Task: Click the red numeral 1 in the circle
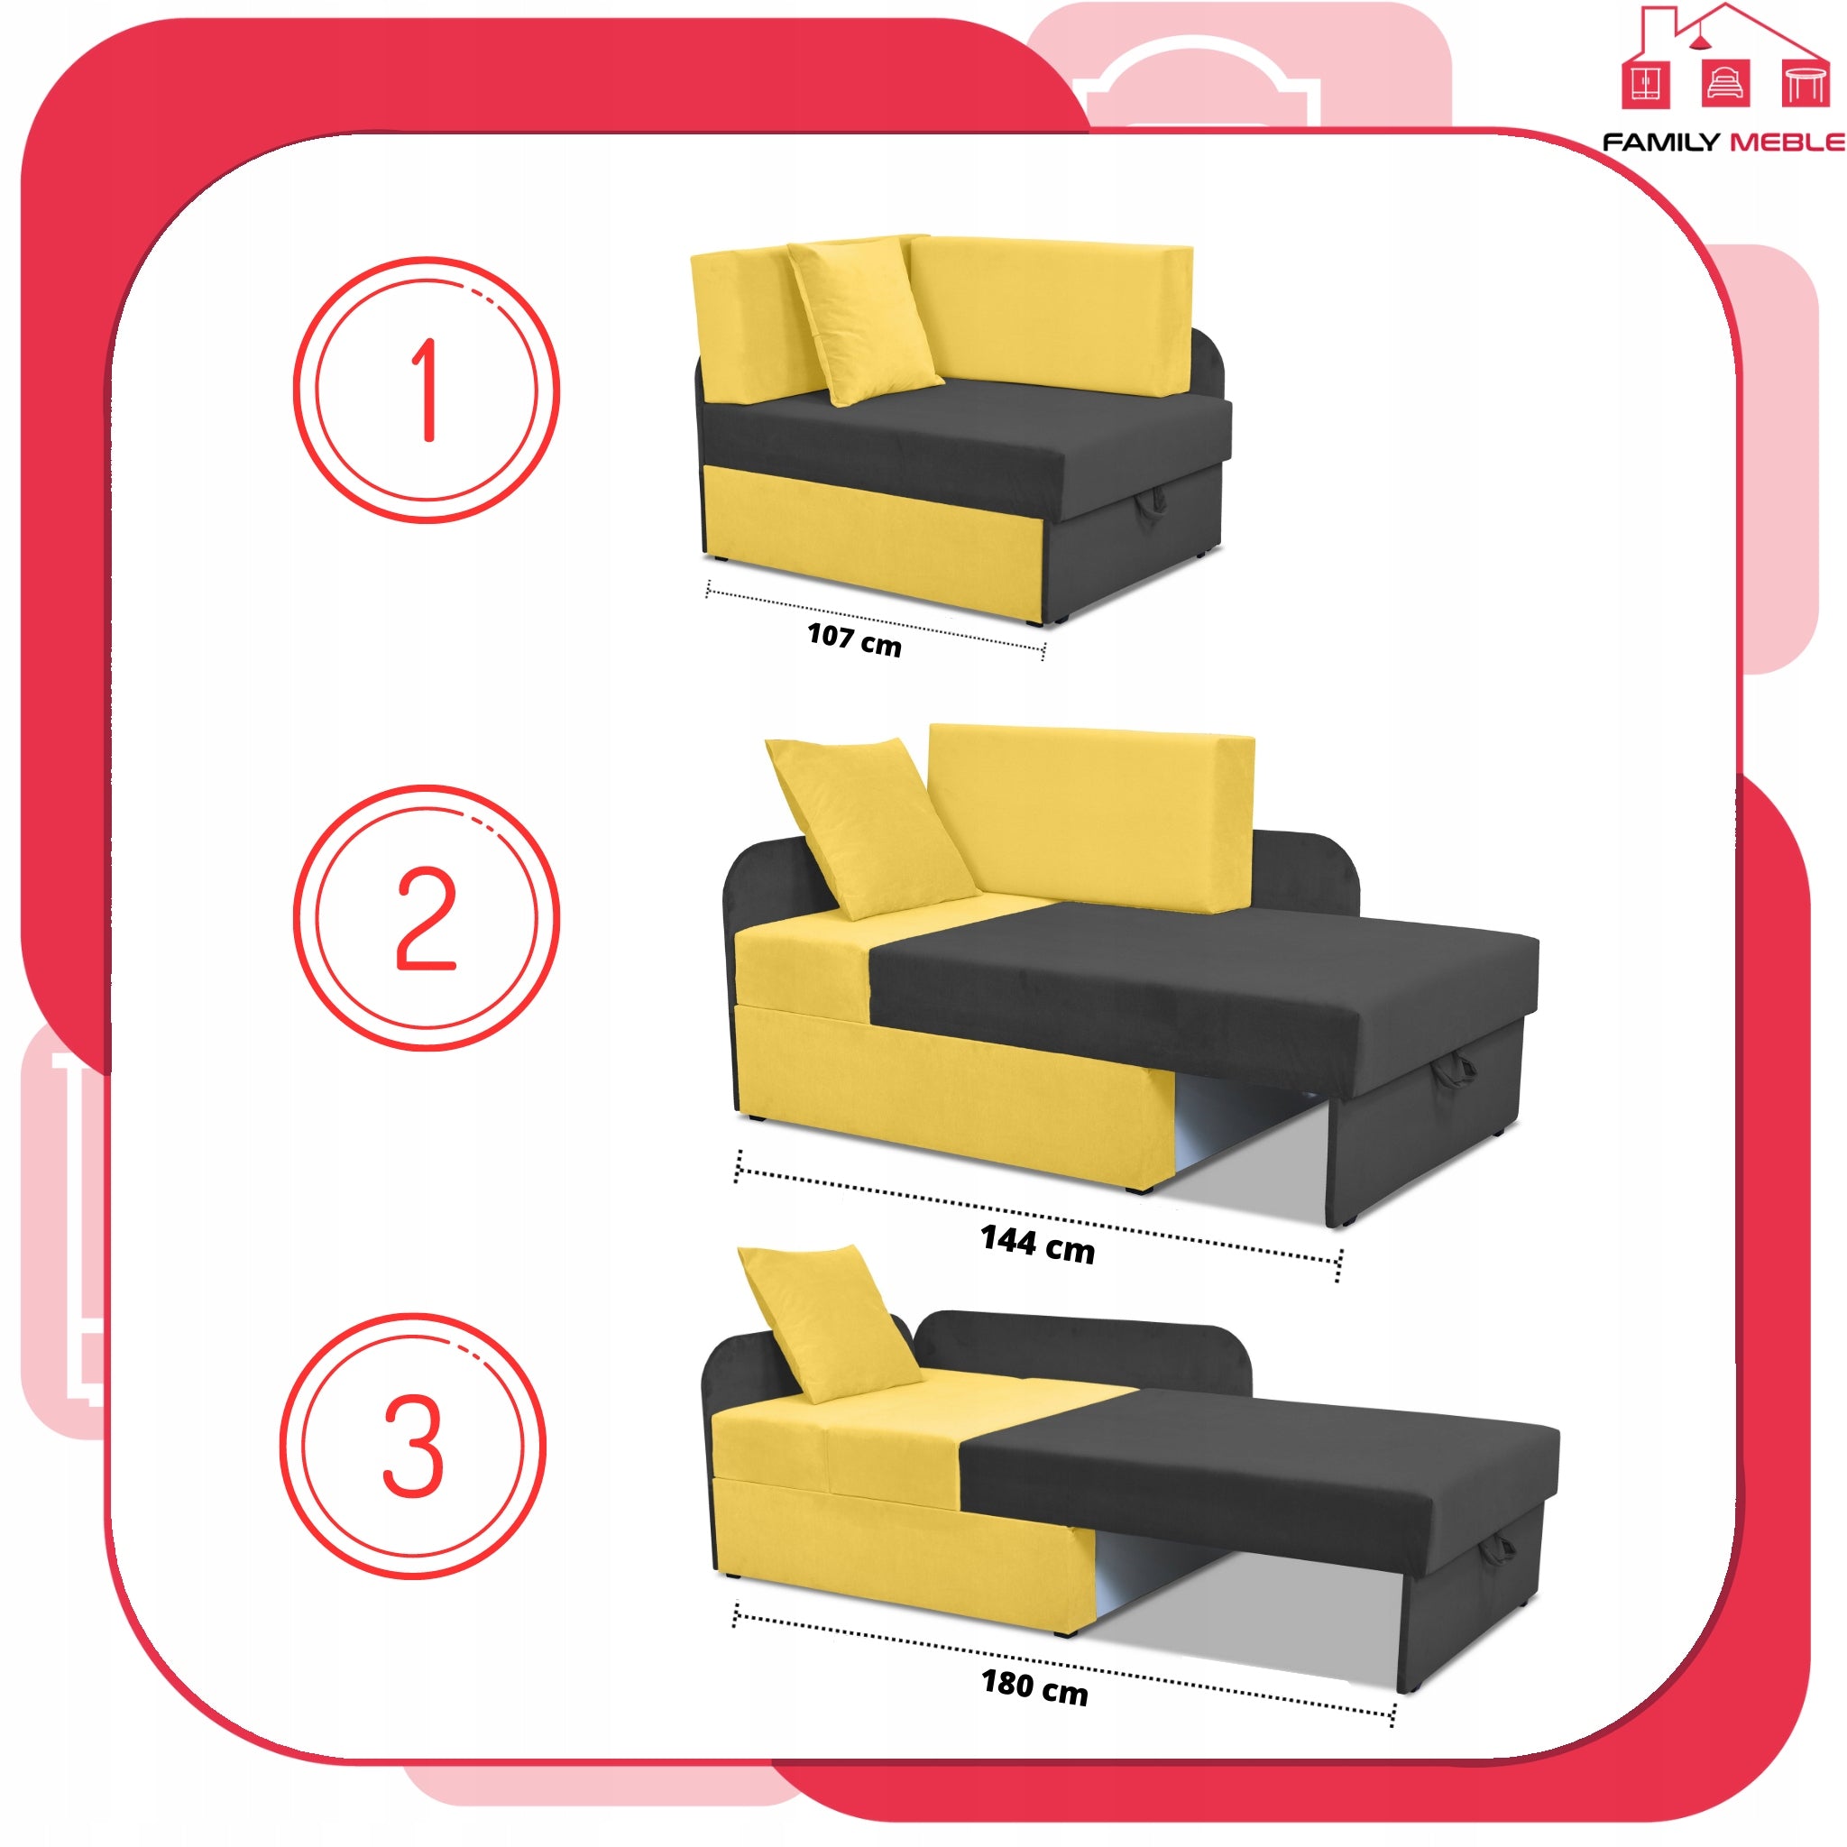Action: point(426,389)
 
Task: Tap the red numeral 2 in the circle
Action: point(426,918)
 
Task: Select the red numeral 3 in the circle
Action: point(413,1445)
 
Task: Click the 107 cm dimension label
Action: point(854,639)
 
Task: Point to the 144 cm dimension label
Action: point(1037,1243)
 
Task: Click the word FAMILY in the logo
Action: point(1660,142)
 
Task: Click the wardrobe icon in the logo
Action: point(1646,83)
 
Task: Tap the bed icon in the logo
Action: point(1724,83)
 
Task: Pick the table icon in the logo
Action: point(1805,83)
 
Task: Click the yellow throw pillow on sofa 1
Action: point(863,320)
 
